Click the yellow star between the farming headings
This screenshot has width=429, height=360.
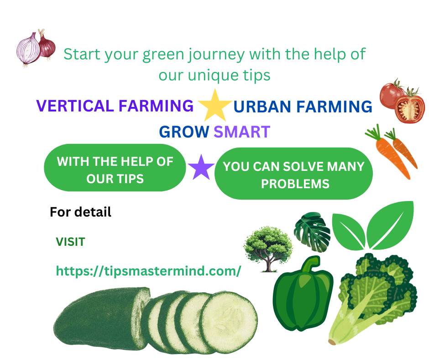click(215, 106)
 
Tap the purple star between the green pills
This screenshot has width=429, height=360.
click(201, 168)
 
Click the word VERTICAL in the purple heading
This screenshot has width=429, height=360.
click(75, 106)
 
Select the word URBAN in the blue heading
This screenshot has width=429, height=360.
click(262, 106)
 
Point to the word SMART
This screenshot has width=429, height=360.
click(242, 132)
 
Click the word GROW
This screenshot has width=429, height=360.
click(184, 132)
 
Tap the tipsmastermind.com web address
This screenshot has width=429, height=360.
click(149, 271)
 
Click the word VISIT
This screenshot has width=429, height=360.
click(71, 242)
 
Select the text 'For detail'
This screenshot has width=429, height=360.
click(80, 212)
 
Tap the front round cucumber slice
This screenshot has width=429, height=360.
click(229, 322)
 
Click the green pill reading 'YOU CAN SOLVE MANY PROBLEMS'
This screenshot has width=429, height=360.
click(293, 174)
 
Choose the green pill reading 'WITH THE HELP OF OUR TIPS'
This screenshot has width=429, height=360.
click(115, 168)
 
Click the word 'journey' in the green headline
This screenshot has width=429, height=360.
click(217, 55)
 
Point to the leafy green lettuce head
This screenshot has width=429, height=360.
click(374, 297)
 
